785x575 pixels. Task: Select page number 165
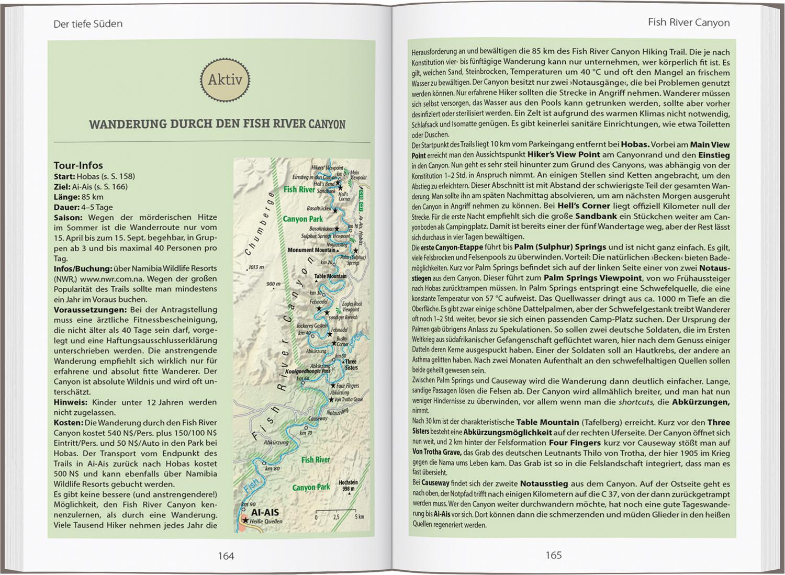pyautogui.click(x=553, y=555)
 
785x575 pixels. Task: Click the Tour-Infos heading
pyautogui.click(x=78, y=165)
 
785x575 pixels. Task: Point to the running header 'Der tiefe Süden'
pyautogui.click(x=88, y=24)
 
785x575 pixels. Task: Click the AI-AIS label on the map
pyautogui.click(x=265, y=512)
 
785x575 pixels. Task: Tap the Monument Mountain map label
pyautogui.click(x=311, y=250)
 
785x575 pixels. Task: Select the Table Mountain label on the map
pyautogui.click(x=330, y=276)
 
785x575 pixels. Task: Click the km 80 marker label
pyautogui.click(x=272, y=468)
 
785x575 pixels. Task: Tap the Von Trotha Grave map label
pyautogui.click(x=348, y=399)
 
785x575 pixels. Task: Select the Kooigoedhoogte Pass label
pyautogui.click(x=307, y=371)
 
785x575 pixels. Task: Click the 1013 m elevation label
pyautogui.click(x=257, y=267)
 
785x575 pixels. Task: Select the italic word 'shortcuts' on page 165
pyautogui.click(x=636, y=402)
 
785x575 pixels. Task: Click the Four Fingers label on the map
pyautogui.click(x=348, y=386)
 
